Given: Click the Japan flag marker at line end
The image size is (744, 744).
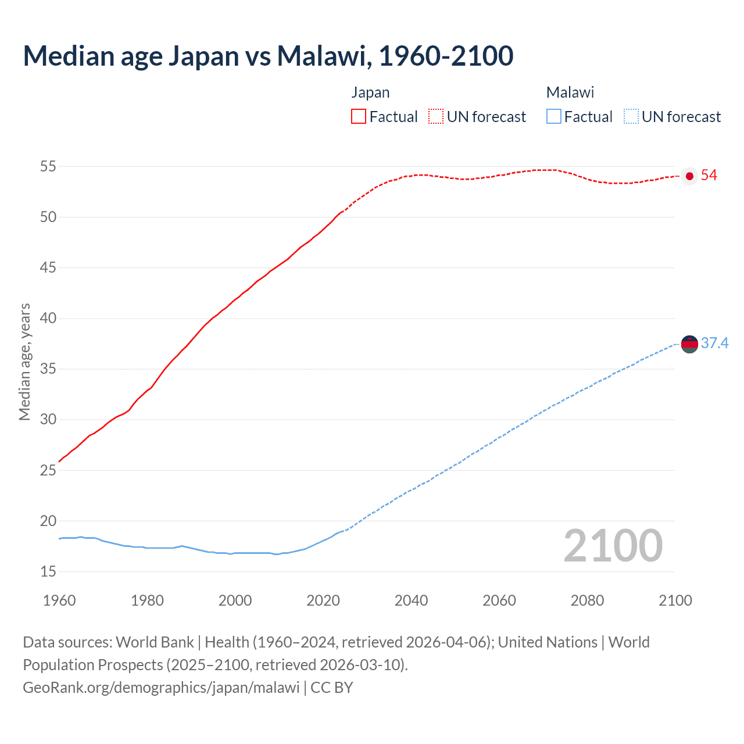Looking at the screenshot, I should click(x=689, y=176).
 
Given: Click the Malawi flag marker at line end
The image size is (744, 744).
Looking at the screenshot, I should click(x=689, y=344).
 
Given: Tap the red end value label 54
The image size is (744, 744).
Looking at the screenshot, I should click(x=709, y=176).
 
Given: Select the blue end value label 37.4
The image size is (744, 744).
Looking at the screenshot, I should click(x=714, y=344).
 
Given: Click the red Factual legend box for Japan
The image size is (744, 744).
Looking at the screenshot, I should click(x=359, y=117).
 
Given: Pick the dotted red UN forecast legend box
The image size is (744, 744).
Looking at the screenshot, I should click(x=436, y=117).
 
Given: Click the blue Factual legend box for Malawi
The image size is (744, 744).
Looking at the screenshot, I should click(x=554, y=117).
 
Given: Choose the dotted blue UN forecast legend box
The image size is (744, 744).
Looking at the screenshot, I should click(x=631, y=117).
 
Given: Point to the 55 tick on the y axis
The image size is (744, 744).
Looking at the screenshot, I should click(x=48, y=167).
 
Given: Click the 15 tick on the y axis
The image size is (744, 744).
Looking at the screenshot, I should click(x=48, y=572).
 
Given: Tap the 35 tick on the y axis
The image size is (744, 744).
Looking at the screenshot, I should click(x=48, y=369).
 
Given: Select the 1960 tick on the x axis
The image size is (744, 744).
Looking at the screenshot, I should click(x=59, y=600).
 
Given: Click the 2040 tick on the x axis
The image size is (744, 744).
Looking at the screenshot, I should click(x=411, y=600).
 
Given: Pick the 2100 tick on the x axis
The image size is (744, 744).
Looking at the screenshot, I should click(x=675, y=600).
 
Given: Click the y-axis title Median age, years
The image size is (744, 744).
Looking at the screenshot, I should click(x=24, y=362).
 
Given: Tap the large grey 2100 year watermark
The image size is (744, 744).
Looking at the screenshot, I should click(x=613, y=546).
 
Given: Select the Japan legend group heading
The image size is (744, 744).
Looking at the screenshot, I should click(x=370, y=92).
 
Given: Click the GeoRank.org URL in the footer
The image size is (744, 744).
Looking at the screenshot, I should click(x=161, y=688).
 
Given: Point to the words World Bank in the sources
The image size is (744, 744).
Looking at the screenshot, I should click(x=155, y=642).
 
